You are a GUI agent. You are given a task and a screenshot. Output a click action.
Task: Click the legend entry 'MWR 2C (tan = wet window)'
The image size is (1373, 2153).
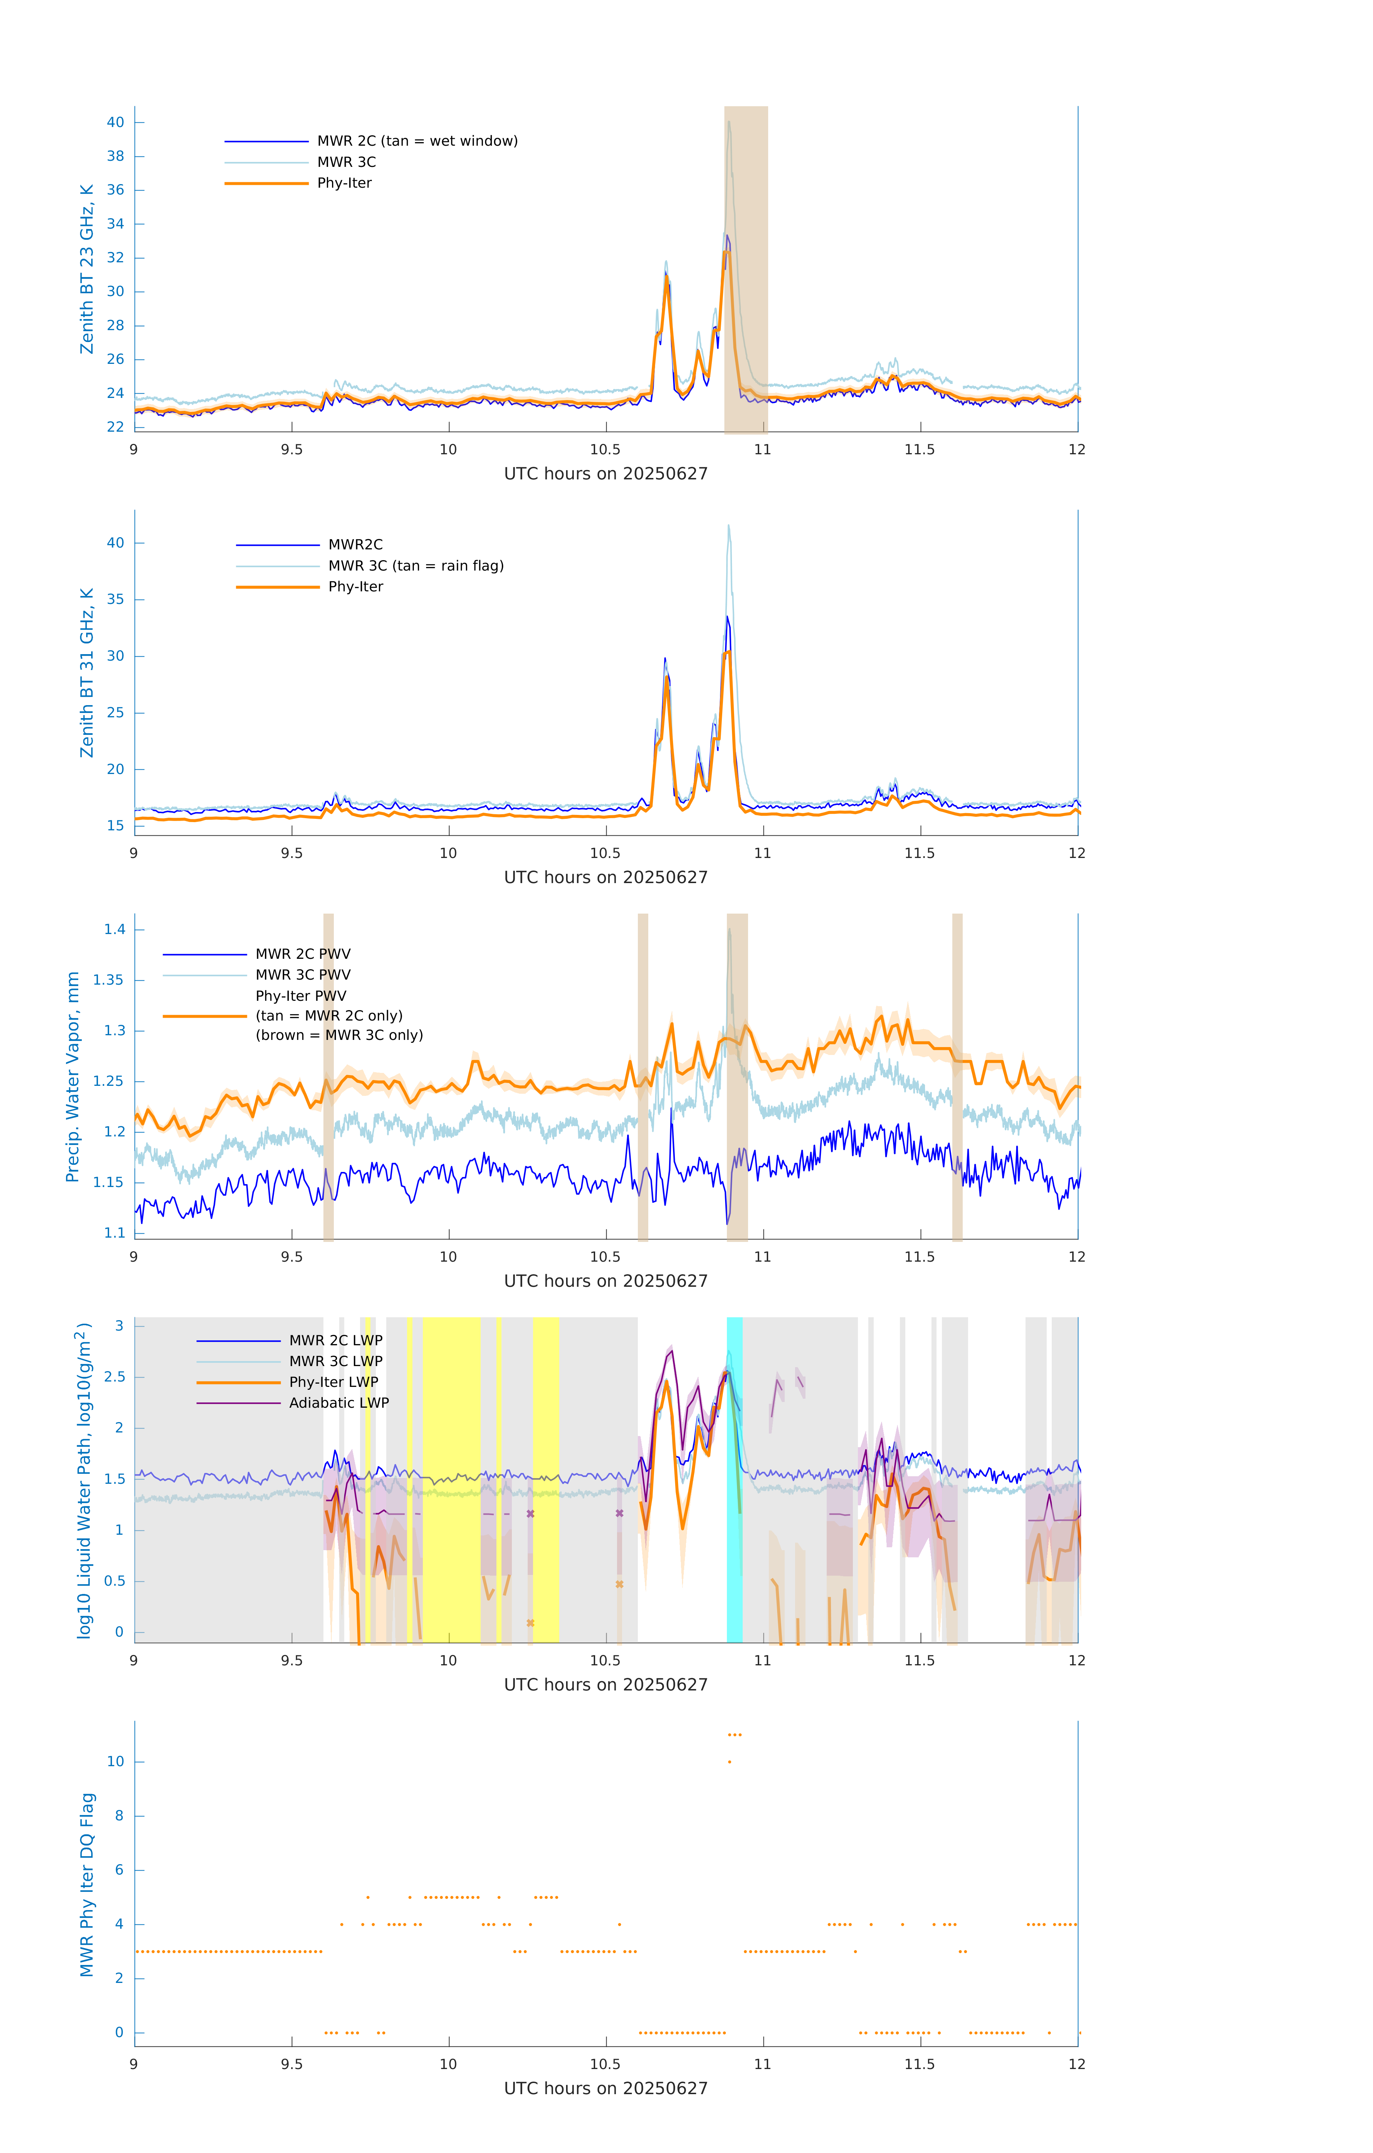tap(417, 141)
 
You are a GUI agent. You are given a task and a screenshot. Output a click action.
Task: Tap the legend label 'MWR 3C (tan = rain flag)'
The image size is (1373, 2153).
tap(416, 566)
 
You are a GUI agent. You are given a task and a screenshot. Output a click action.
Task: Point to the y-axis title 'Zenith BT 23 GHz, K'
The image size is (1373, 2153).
tap(87, 269)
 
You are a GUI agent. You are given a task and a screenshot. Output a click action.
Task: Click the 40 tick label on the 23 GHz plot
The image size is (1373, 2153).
tap(115, 122)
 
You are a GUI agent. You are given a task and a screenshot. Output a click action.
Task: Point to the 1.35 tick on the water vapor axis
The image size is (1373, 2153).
tap(108, 980)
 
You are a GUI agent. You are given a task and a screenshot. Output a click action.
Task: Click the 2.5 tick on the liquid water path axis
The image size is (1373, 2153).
tap(115, 1377)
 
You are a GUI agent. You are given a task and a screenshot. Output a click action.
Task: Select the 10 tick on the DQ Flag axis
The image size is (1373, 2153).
tap(115, 1762)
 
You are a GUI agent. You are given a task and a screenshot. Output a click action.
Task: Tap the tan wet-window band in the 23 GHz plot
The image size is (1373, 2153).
tap(746, 268)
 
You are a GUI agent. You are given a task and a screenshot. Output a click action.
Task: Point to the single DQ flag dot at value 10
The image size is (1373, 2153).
tap(730, 1762)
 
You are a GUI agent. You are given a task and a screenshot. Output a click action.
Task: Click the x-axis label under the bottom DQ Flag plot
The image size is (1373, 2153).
tap(606, 2089)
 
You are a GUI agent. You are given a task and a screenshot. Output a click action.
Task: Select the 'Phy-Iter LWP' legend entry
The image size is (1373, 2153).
tap(333, 1382)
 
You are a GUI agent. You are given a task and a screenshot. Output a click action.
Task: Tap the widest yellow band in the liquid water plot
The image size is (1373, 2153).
tap(452, 1480)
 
